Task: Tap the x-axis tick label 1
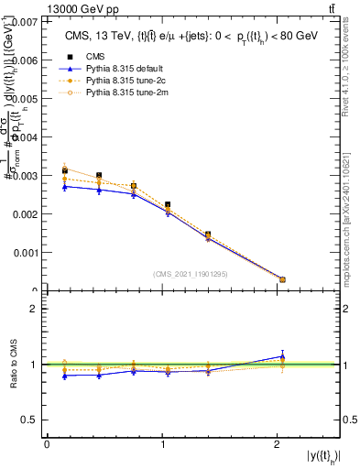162,444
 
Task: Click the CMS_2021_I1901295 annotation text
192,274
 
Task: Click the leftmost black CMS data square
64,170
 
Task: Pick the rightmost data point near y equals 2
282,279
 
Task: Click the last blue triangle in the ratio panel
282,356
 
